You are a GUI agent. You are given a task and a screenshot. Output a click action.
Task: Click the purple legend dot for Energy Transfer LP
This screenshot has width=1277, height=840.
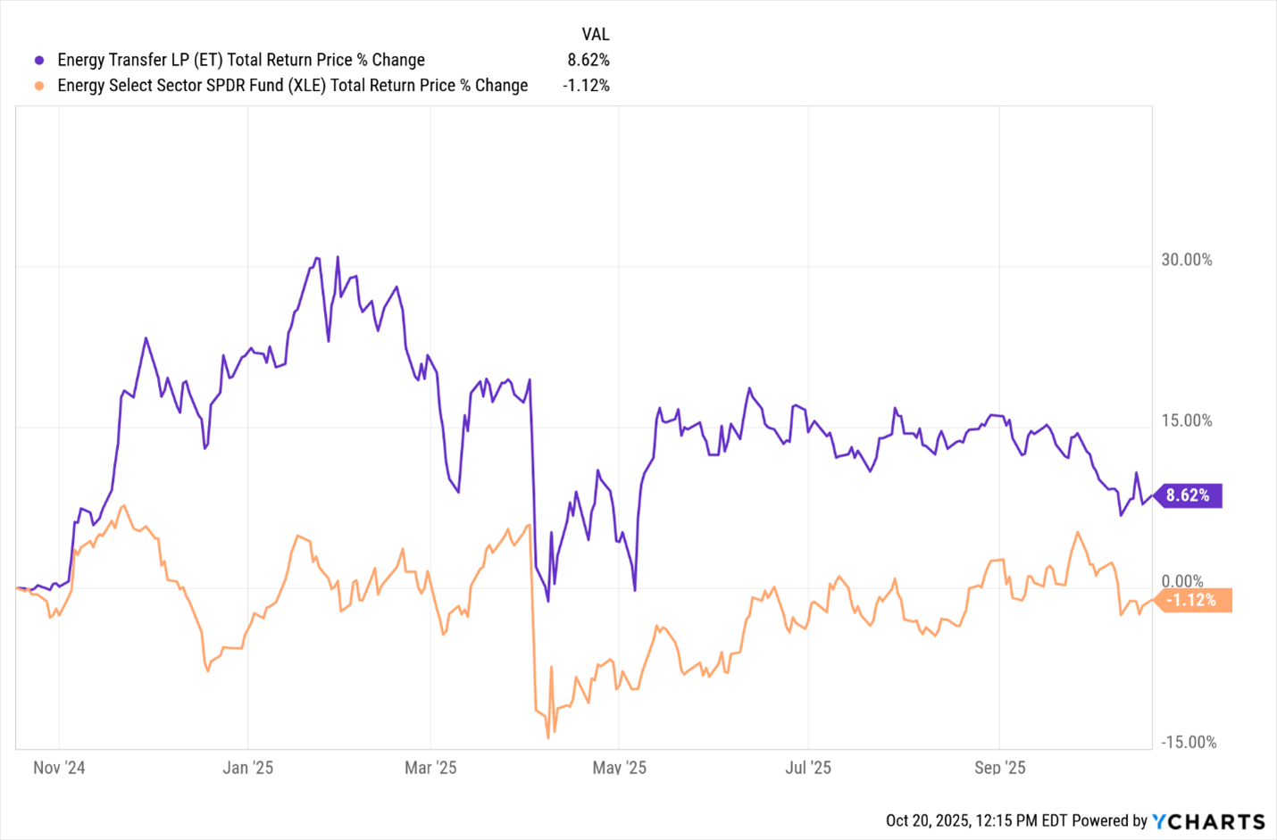coord(39,61)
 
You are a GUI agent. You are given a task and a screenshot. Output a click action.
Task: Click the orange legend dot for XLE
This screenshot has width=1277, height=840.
coord(39,86)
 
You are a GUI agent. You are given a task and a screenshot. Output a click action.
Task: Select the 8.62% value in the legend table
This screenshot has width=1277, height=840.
coord(588,61)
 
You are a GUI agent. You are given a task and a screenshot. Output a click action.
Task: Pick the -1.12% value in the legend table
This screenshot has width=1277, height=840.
coord(586,86)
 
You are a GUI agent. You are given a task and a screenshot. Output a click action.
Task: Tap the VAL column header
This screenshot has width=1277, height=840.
coord(595,35)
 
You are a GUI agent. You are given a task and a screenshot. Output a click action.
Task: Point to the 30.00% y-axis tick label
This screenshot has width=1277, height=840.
coord(1187,260)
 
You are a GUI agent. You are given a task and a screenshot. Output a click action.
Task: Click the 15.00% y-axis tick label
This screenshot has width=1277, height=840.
coord(1187,420)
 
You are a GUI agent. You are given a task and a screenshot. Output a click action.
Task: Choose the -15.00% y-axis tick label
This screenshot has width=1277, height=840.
coord(1189,742)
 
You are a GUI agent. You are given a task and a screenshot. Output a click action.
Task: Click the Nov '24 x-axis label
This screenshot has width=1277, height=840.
coord(59,768)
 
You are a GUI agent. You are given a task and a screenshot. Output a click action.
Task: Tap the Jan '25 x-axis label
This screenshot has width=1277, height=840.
coord(247,768)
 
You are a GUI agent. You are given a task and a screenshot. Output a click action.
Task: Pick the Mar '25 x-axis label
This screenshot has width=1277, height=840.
coord(430,768)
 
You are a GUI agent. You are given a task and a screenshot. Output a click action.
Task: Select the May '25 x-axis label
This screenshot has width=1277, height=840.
coord(619,768)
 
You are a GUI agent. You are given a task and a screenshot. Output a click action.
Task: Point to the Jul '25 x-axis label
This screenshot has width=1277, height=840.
coord(807,768)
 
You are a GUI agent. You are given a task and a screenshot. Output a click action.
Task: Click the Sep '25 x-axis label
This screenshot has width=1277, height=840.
coord(999,768)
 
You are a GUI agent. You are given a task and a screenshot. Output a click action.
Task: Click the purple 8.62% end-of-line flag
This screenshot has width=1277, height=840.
coord(1189,495)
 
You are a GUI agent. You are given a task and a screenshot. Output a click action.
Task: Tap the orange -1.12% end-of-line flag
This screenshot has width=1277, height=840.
coord(1192,601)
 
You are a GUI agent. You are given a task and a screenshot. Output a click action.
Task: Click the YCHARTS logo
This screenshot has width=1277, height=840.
coord(1208,821)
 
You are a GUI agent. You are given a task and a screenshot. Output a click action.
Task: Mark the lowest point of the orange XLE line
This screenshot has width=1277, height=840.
coord(548,738)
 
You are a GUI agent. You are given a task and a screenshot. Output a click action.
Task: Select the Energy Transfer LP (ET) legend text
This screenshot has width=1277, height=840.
coord(241,61)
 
